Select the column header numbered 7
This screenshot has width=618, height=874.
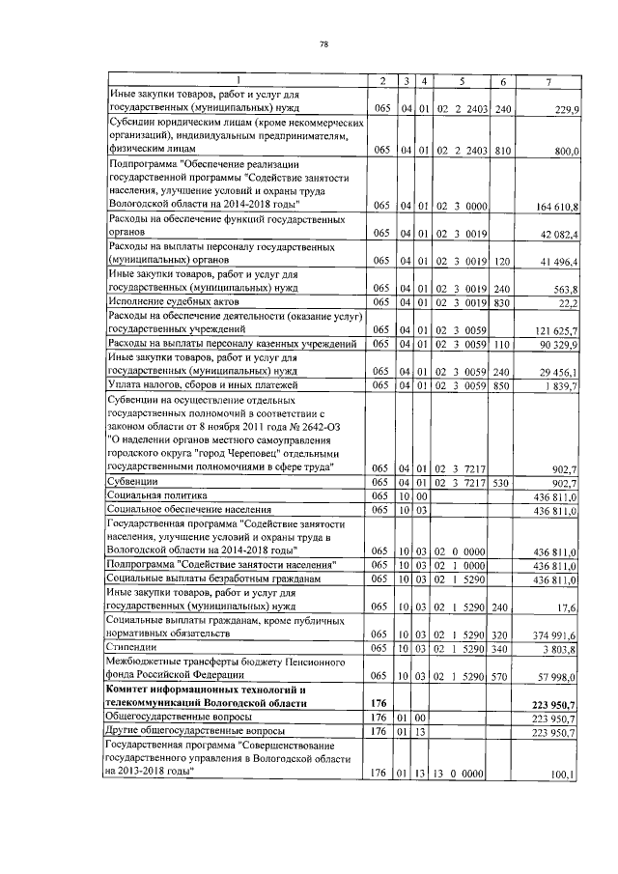coord(548,80)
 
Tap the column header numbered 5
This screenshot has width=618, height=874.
coord(463,80)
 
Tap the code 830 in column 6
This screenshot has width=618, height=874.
coord(501,302)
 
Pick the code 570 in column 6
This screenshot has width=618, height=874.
coord(501,677)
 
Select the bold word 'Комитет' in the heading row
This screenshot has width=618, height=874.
coord(134,691)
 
